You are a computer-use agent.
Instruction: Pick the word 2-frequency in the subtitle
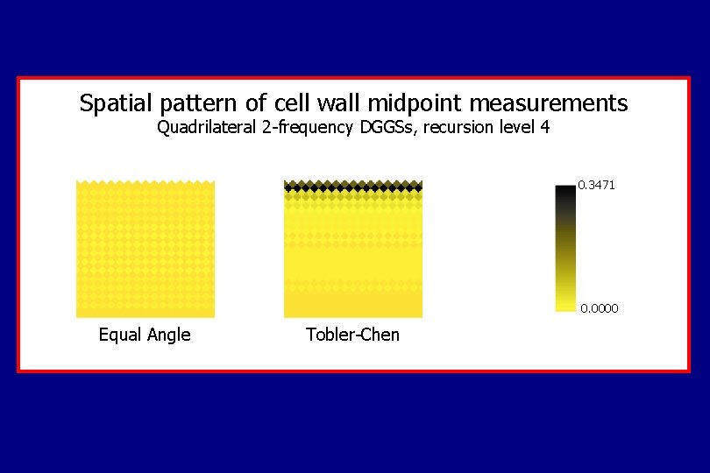click(x=309, y=128)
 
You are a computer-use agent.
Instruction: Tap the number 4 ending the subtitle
click(x=545, y=128)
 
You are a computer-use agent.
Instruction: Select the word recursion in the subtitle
click(x=458, y=128)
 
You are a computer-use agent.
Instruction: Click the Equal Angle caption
click(x=145, y=335)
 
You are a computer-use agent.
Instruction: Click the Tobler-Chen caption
click(x=352, y=335)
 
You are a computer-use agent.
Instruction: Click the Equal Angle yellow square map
click(x=146, y=250)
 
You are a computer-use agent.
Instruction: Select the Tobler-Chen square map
click(x=353, y=254)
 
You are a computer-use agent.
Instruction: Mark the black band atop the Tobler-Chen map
click(x=353, y=186)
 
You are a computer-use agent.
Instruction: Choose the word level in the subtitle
click(x=516, y=128)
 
